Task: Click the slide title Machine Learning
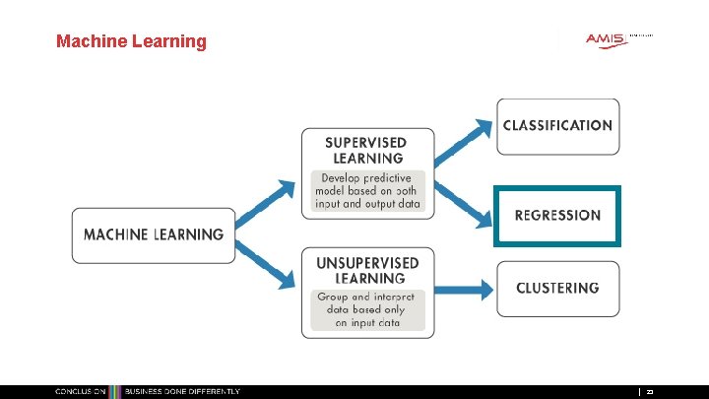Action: pos(131,41)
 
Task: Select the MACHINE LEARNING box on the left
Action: pos(154,235)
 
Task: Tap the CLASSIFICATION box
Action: pos(557,126)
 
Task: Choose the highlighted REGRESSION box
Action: pos(557,215)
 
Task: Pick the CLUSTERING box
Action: pos(557,289)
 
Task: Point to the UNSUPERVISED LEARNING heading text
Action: pos(367,270)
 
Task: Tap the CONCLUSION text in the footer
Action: pos(80,392)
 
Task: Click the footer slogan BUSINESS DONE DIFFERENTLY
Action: pos(181,392)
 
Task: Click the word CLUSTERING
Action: pos(557,289)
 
